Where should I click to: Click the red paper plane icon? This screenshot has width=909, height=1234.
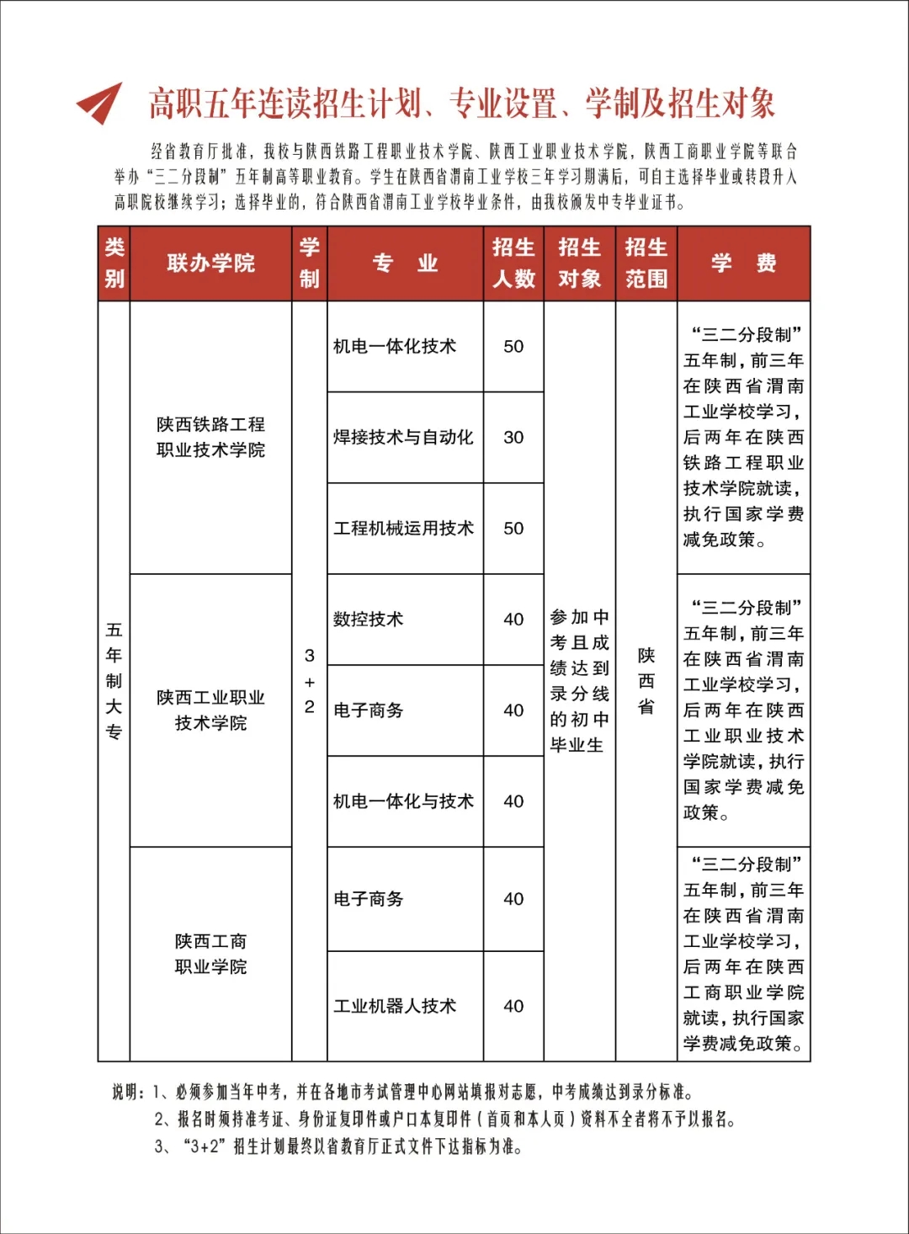tap(100, 103)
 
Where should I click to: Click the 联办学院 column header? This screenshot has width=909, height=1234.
tap(210, 263)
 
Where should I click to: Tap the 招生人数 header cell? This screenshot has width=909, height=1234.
tap(513, 263)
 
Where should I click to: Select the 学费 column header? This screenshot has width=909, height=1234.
tap(743, 263)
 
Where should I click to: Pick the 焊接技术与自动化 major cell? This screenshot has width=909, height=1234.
tap(403, 438)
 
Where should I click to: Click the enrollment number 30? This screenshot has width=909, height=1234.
tap(513, 438)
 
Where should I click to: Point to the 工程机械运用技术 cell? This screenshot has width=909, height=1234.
tap(403, 529)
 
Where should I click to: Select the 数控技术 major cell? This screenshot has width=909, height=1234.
tap(369, 620)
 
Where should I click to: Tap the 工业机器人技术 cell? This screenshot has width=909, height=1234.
tap(395, 1007)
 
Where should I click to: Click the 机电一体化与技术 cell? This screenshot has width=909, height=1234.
tap(403, 801)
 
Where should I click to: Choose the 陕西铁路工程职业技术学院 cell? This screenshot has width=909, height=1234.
tap(210, 437)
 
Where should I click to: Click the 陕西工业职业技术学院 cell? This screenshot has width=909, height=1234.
tap(210, 710)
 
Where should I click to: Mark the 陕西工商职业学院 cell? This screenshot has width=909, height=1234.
tap(210, 954)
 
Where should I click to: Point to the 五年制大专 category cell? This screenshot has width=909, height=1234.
tap(114, 681)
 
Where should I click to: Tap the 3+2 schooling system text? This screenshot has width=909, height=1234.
tap(310, 681)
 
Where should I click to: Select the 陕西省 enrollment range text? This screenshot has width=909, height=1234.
tap(646, 681)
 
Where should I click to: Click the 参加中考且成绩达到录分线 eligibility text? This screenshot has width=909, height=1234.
tap(579, 681)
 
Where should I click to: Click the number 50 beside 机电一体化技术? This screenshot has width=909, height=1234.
tap(513, 347)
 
